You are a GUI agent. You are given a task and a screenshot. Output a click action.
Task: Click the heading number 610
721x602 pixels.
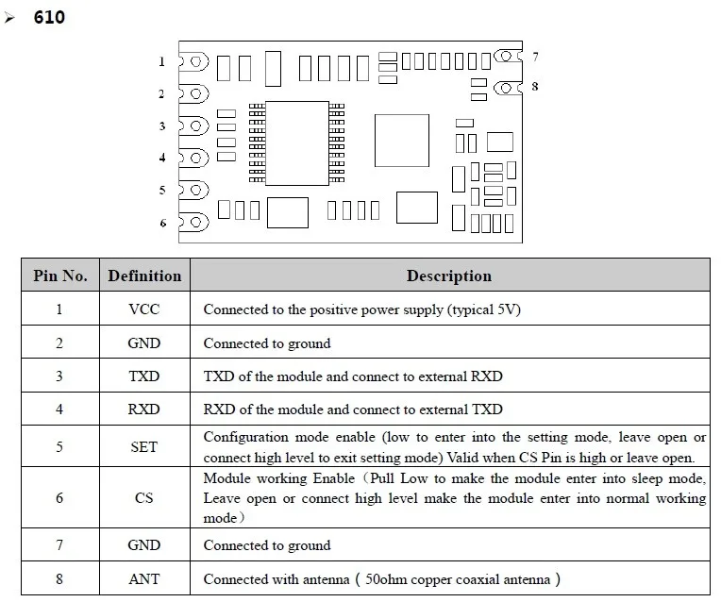[x=49, y=17]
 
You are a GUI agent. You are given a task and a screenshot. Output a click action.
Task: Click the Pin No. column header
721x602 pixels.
[x=60, y=276]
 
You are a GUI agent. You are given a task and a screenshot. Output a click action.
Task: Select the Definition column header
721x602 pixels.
[x=144, y=276]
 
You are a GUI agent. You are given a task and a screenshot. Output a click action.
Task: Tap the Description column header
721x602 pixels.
[x=449, y=276]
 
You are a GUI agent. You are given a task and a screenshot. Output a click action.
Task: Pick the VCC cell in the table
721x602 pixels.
[x=144, y=309]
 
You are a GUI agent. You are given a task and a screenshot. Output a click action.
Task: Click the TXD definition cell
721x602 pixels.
[x=144, y=376]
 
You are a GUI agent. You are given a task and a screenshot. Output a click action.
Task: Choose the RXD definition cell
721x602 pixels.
[x=144, y=409]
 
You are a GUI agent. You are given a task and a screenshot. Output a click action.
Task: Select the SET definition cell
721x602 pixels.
[x=144, y=446]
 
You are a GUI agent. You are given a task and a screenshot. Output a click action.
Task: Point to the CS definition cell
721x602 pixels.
[x=144, y=497]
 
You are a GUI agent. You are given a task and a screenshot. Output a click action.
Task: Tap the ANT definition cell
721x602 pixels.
[x=144, y=578]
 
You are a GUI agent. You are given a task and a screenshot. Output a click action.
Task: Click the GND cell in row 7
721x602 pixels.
[x=144, y=545]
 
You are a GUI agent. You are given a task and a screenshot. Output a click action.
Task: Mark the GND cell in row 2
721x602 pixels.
[x=144, y=343]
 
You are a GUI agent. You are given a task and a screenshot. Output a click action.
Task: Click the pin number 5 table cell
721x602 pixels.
[x=59, y=446]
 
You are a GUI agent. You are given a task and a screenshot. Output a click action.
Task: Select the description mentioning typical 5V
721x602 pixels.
[x=362, y=309]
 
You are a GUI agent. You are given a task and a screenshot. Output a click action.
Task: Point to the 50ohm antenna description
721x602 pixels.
[x=382, y=578]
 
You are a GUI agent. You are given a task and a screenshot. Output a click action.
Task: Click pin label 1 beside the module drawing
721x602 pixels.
[x=162, y=62]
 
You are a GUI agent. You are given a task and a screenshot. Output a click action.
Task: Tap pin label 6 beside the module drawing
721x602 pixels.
[x=162, y=223]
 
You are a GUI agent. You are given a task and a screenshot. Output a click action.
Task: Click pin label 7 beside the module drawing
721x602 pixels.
[x=535, y=58]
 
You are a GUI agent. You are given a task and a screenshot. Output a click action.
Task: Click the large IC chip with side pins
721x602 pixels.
[x=295, y=142]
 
